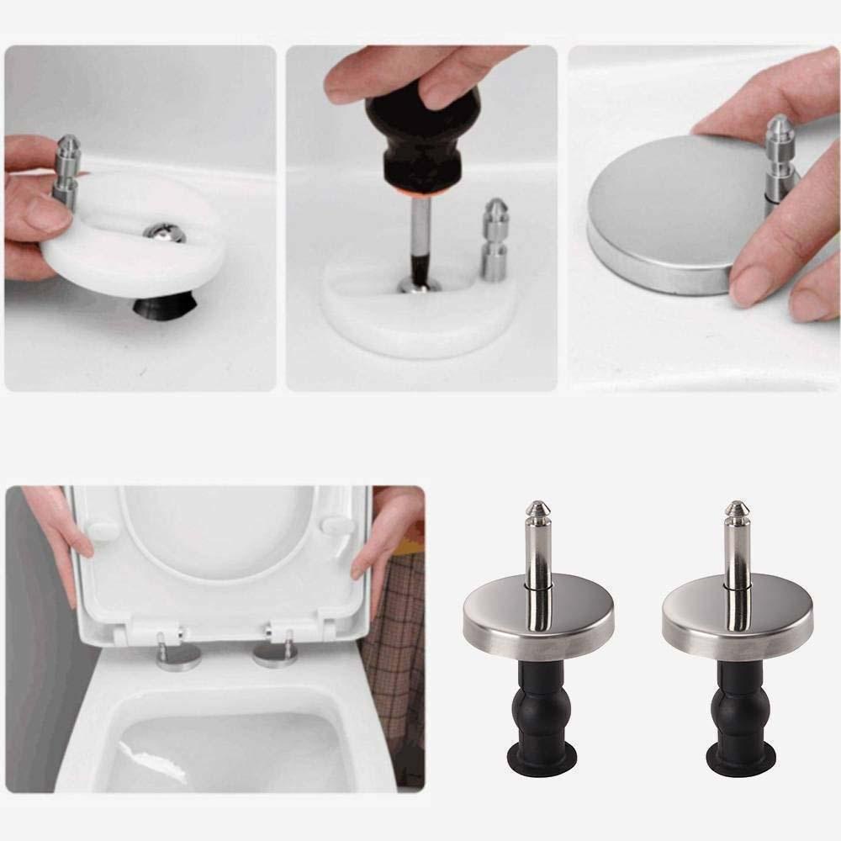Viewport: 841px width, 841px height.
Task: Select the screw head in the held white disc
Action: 163,233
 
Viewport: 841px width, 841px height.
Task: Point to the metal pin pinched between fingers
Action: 66,172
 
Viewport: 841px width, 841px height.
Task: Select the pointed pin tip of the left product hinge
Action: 537,510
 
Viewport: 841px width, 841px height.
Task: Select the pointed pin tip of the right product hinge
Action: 737,510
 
